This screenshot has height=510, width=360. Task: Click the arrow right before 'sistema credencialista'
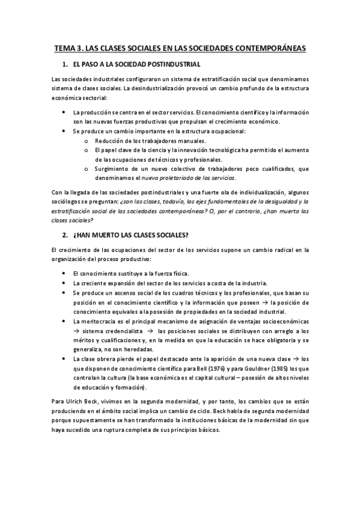75,331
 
